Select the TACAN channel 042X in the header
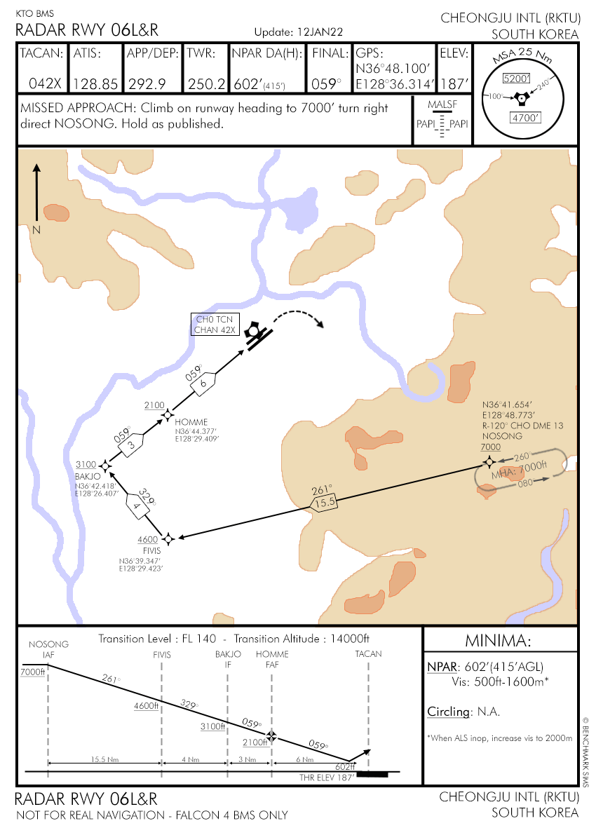pos(46,83)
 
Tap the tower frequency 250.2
pos(206,83)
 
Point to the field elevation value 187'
pos(456,83)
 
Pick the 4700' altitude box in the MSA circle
pos(524,118)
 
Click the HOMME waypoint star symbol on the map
pos(168,415)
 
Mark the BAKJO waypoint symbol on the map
pos(105,466)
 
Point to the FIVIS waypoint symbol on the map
pos(168,538)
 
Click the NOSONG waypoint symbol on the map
pos(489,462)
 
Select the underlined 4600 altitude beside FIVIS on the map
pos(148,539)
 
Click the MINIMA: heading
pos(499,641)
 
